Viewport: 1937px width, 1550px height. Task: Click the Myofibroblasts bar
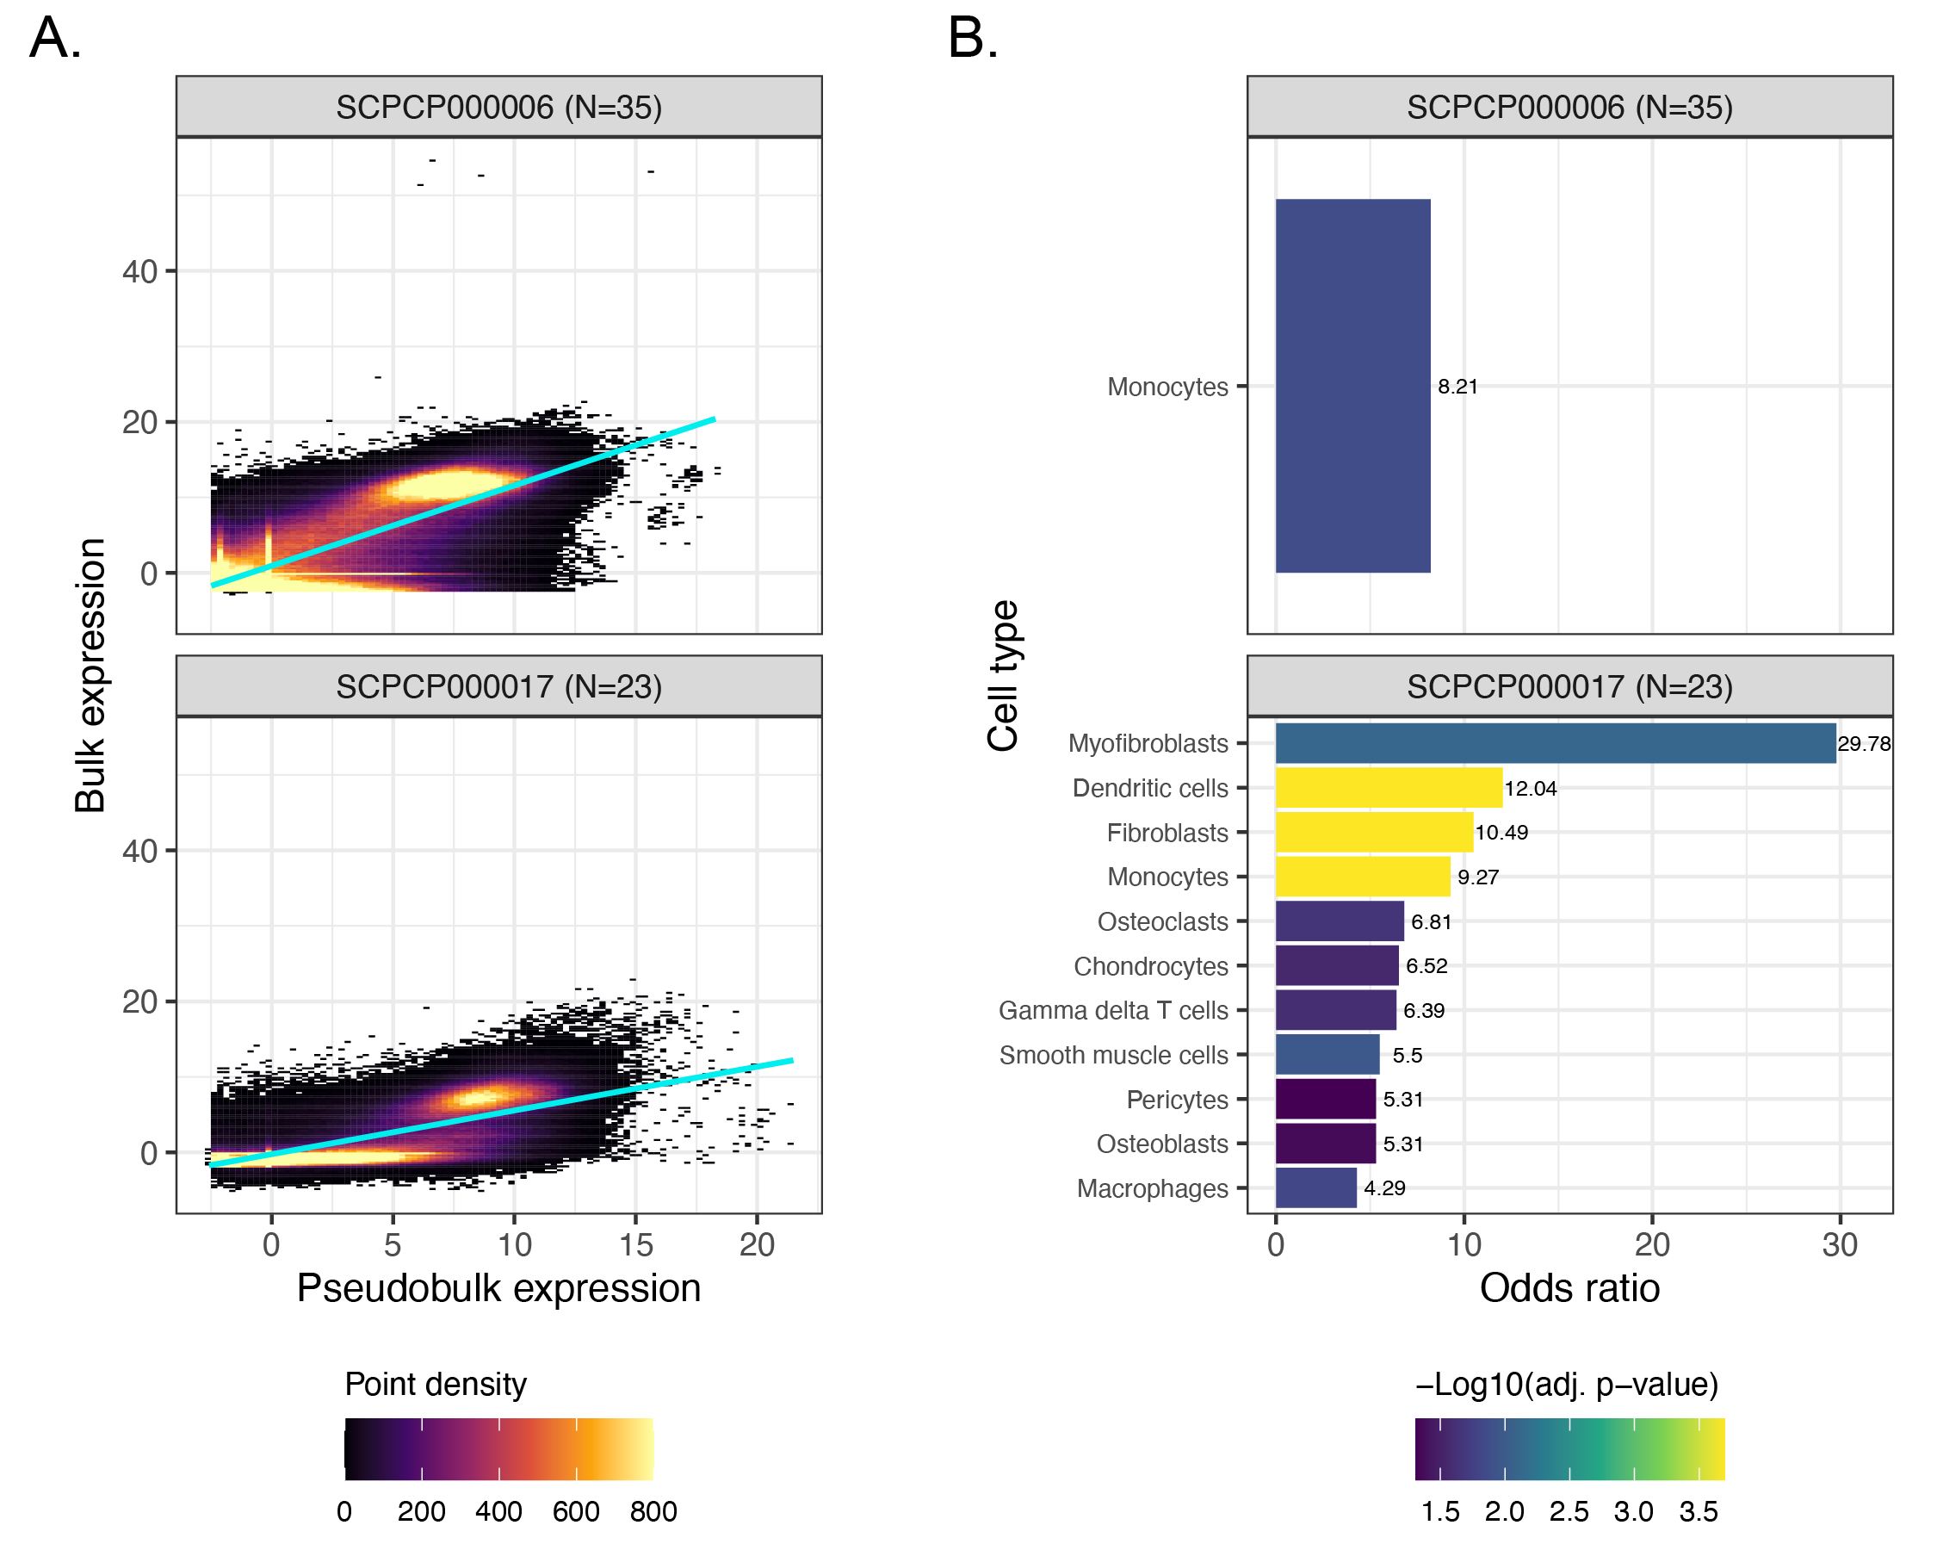[x=1554, y=743]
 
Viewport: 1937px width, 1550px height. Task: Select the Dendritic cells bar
[x=1388, y=788]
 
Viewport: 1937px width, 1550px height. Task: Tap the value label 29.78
[x=1863, y=744]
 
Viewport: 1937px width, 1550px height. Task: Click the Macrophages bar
[x=1315, y=1187]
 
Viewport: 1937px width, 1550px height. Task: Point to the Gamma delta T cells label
[x=1113, y=1011]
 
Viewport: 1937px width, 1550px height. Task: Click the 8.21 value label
[x=1457, y=387]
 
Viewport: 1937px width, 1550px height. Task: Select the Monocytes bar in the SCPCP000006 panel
[x=1352, y=387]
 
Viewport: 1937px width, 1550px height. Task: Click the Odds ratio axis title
[x=1569, y=1287]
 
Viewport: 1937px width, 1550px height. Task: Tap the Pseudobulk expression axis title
[x=498, y=1287]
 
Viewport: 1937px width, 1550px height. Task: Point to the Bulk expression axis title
[x=90, y=676]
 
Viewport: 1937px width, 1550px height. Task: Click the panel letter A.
[x=55, y=39]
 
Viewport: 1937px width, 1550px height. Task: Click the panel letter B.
[x=972, y=39]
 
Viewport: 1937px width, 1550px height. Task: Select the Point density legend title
[x=436, y=1384]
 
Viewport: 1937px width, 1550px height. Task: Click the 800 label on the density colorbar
[x=653, y=1511]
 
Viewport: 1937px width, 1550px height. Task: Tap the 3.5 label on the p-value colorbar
[x=1698, y=1511]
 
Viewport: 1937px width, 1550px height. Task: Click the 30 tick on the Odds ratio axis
[x=1839, y=1244]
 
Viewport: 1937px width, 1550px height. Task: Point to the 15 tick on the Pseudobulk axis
[x=635, y=1244]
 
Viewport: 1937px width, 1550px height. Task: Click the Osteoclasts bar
[x=1339, y=921]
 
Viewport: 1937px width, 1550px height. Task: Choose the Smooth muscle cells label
[x=1113, y=1055]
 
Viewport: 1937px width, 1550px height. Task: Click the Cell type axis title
[x=1003, y=676]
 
